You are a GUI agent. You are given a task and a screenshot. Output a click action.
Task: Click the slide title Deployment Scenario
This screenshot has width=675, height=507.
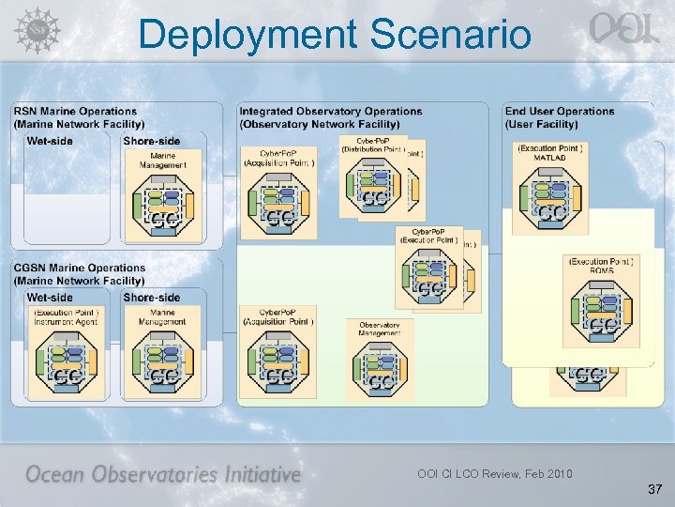coord(335,35)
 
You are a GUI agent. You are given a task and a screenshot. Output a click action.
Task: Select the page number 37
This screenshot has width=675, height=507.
coord(653,489)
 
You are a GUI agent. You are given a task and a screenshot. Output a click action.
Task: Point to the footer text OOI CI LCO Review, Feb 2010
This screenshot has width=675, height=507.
coord(495,473)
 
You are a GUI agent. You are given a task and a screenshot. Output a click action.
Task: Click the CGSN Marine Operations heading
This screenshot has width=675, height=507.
coord(80,274)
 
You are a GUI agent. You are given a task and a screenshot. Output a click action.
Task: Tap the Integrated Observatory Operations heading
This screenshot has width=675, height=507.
coord(330,117)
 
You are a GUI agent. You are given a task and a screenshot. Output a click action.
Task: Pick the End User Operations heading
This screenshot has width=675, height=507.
coord(560,117)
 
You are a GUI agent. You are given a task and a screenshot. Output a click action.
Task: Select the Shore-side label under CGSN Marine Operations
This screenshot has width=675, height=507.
coord(151,298)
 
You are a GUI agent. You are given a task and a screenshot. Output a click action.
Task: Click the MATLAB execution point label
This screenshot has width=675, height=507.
coord(550,154)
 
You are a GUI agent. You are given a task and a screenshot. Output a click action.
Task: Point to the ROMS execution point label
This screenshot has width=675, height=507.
coord(601,266)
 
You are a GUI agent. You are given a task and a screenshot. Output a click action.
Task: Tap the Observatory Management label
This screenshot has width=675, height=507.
coord(380,329)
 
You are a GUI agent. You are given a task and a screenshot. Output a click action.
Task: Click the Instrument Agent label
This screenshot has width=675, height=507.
coord(66,317)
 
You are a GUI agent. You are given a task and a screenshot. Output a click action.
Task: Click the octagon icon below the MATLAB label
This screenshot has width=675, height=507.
coord(550,198)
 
